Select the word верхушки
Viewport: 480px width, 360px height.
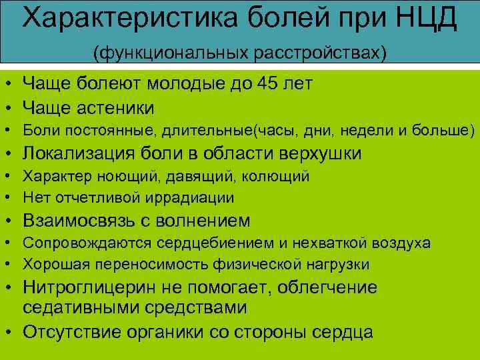[x=321, y=154]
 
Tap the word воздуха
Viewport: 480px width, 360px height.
[x=403, y=243]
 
